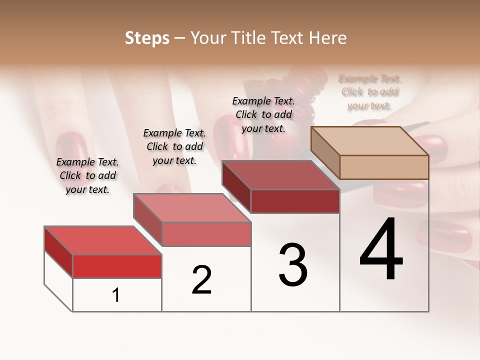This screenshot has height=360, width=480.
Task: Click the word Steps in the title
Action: [x=146, y=38]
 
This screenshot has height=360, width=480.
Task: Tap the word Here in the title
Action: [x=327, y=38]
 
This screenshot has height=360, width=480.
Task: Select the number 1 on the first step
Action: [x=116, y=295]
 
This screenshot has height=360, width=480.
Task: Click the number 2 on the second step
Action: [x=201, y=280]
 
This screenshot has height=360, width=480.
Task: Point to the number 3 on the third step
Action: [x=292, y=264]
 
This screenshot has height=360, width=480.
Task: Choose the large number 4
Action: [x=381, y=250]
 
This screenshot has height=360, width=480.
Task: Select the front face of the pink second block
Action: [x=206, y=234]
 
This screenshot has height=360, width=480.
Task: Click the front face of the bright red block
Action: [x=117, y=266]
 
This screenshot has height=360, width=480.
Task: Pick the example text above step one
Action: [x=87, y=175]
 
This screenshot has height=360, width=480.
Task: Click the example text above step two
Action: [x=174, y=146]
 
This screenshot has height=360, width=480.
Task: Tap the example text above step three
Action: [x=263, y=114]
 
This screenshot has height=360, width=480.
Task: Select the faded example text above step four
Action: [x=370, y=92]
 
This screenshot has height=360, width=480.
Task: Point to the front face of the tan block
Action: [x=384, y=167]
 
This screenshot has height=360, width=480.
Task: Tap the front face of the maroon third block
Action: [x=295, y=201]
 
